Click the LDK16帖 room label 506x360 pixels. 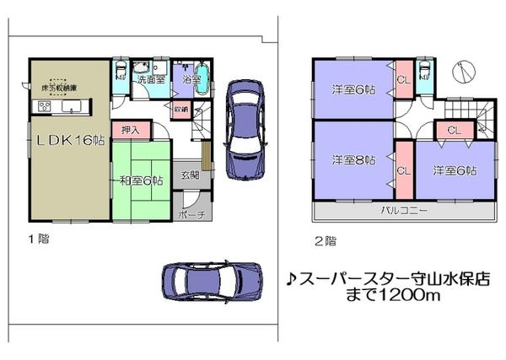coord(70,142)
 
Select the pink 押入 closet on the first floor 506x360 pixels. coord(131,130)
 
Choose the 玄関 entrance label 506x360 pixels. coord(190,175)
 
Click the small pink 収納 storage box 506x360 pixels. coord(181,109)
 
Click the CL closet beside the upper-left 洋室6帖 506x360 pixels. coord(403,81)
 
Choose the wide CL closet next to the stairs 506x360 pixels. coord(454,130)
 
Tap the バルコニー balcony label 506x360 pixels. coord(404,209)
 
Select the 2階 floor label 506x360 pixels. coord(325,241)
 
